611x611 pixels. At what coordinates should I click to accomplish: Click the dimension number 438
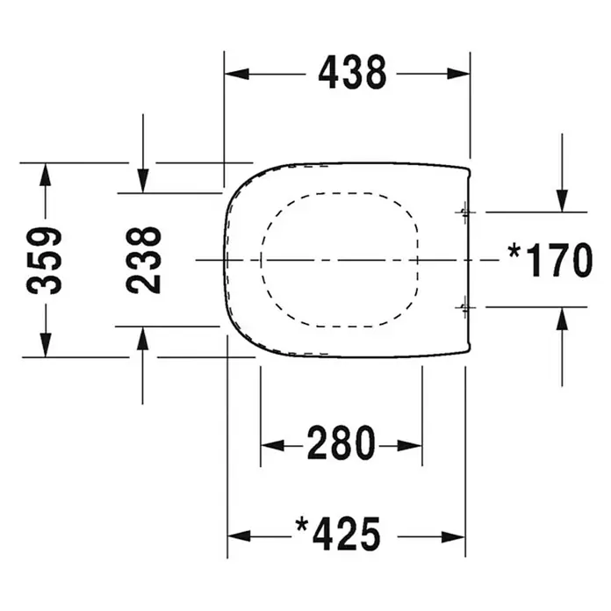tap(352, 73)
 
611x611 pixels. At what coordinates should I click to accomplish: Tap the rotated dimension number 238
tap(143, 260)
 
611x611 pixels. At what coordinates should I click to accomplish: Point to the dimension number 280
tap(341, 443)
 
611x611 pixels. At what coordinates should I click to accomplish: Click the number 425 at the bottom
tap(347, 535)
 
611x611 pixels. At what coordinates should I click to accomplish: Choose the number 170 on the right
tap(559, 260)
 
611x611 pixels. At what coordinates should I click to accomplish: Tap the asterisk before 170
tap(514, 251)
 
